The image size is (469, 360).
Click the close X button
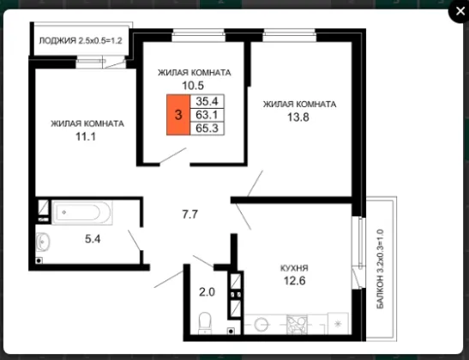(460, 11)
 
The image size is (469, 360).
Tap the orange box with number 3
(178, 115)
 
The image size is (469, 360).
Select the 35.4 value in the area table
(207, 101)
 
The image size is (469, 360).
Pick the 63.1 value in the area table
(207, 115)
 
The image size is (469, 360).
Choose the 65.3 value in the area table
(207, 129)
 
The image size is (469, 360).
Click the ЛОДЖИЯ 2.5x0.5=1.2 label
(81, 40)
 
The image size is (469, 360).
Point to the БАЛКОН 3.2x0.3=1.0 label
(380, 269)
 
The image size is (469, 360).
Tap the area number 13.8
(298, 117)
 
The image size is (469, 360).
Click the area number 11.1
(86, 136)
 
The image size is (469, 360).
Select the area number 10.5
(193, 86)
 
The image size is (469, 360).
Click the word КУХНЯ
(294, 268)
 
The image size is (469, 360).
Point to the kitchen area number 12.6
(295, 281)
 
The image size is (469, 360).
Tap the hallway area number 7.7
(190, 214)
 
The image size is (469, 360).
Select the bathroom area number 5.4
(93, 239)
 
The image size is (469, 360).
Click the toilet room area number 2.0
(207, 291)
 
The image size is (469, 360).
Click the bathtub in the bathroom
(82, 213)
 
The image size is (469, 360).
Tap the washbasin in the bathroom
(43, 242)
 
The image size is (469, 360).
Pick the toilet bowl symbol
(205, 323)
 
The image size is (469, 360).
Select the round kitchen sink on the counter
(262, 324)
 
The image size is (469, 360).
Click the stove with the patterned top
(297, 324)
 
